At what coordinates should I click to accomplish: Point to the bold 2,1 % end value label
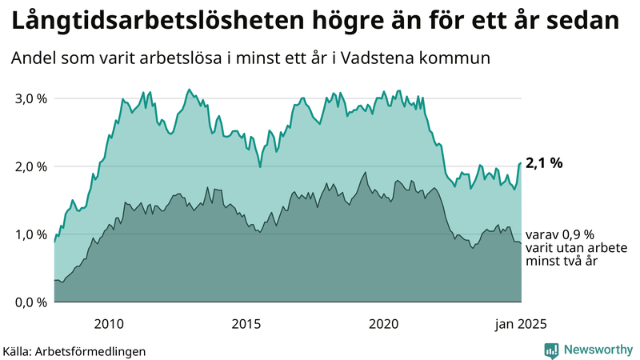click(x=544, y=163)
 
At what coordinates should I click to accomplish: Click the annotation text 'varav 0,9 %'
click(x=560, y=235)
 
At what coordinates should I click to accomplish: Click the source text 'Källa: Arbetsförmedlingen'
click(x=74, y=350)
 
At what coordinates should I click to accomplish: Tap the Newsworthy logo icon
click(x=551, y=350)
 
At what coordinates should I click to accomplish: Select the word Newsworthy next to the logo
click(x=598, y=350)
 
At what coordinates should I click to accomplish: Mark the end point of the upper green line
click(x=521, y=163)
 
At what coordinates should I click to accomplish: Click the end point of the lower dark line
click(x=521, y=242)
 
